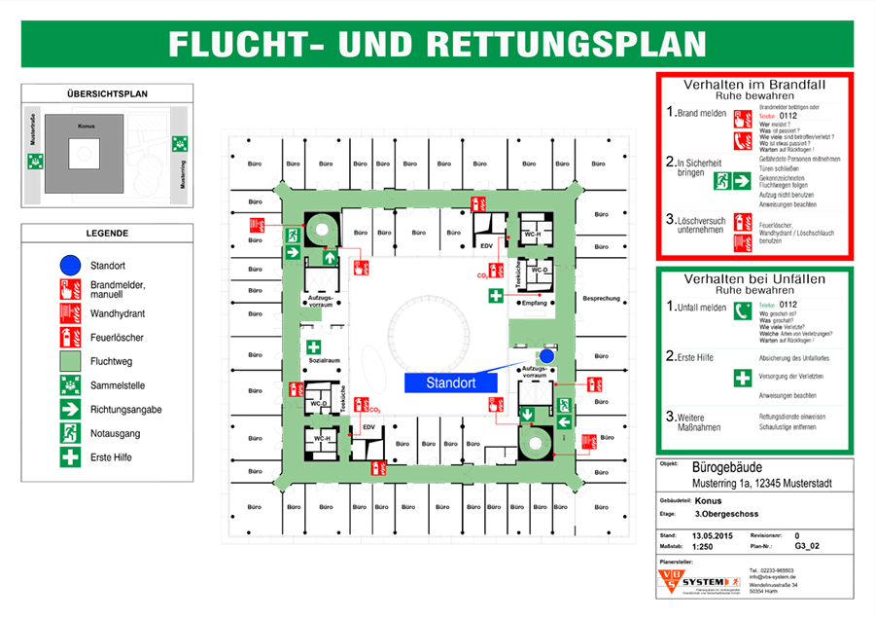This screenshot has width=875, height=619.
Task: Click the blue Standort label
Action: [x=450, y=383]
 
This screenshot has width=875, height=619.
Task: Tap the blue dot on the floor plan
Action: [x=546, y=357]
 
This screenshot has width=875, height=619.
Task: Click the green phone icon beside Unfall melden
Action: [x=742, y=310]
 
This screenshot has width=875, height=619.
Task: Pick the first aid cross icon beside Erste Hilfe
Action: [x=742, y=378]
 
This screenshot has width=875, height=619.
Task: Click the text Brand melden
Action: [x=700, y=114]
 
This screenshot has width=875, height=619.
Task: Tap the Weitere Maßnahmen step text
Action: [x=697, y=421]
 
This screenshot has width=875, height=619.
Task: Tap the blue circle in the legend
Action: [x=70, y=264]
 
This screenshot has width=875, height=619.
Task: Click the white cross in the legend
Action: [x=70, y=456]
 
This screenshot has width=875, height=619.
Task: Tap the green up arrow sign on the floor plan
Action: [x=330, y=258]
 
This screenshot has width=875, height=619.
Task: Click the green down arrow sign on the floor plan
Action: [x=527, y=416]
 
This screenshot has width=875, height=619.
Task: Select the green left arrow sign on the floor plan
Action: [x=563, y=421]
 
